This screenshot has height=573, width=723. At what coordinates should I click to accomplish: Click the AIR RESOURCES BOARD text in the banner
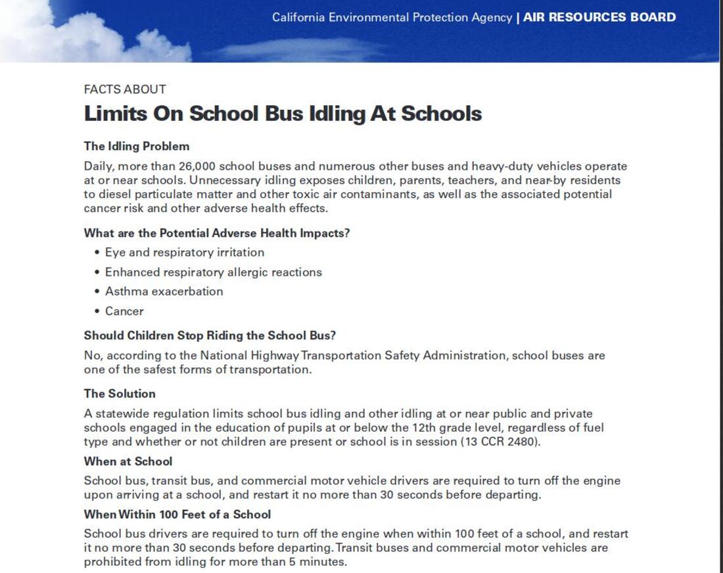(x=599, y=18)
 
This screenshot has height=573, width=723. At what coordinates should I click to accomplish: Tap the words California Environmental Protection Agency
(x=392, y=18)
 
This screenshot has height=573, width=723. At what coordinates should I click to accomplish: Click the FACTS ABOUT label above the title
(x=125, y=89)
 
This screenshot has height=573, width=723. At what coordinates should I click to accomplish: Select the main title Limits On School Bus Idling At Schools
(x=283, y=114)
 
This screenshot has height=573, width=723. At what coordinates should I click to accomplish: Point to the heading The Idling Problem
(x=136, y=146)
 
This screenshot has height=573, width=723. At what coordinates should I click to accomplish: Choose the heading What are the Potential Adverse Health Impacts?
(x=216, y=233)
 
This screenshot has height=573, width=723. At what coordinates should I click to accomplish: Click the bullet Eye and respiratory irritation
(x=184, y=253)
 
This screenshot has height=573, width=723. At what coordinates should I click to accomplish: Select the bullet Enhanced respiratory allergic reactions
(x=213, y=272)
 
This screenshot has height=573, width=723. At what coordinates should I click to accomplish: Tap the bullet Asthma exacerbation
(x=164, y=291)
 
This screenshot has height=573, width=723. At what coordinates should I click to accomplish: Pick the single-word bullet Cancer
(x=124, y=311)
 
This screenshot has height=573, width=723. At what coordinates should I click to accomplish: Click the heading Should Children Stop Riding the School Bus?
(x=210, y=336)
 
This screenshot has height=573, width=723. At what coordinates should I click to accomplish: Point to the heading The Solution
(x=120, y=394)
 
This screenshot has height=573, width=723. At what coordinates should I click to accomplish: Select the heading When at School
(x=128, y=462)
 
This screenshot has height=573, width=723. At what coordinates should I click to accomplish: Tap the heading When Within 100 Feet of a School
(x=177, y=514)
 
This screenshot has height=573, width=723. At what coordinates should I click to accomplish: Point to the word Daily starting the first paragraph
(x=98, y=166)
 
